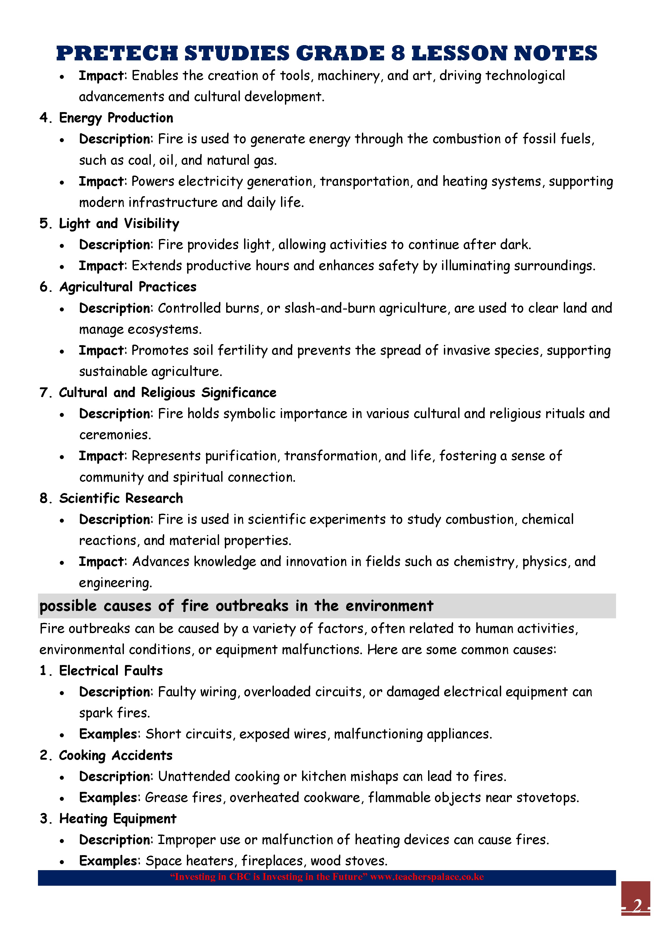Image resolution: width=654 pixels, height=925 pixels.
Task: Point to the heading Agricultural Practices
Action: pyautogui.click(x=128, y=287)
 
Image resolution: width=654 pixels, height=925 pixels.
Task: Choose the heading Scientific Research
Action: pyautogui.click(x=121, y=498)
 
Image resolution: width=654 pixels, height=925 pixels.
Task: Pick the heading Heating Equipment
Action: pyautogui.click(x=118, y=819)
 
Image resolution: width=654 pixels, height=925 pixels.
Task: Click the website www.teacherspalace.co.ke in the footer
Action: pyautogui.click(x=427, y=877)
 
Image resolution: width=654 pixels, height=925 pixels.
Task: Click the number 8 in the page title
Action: pyautogui.click(x=398, y=53)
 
